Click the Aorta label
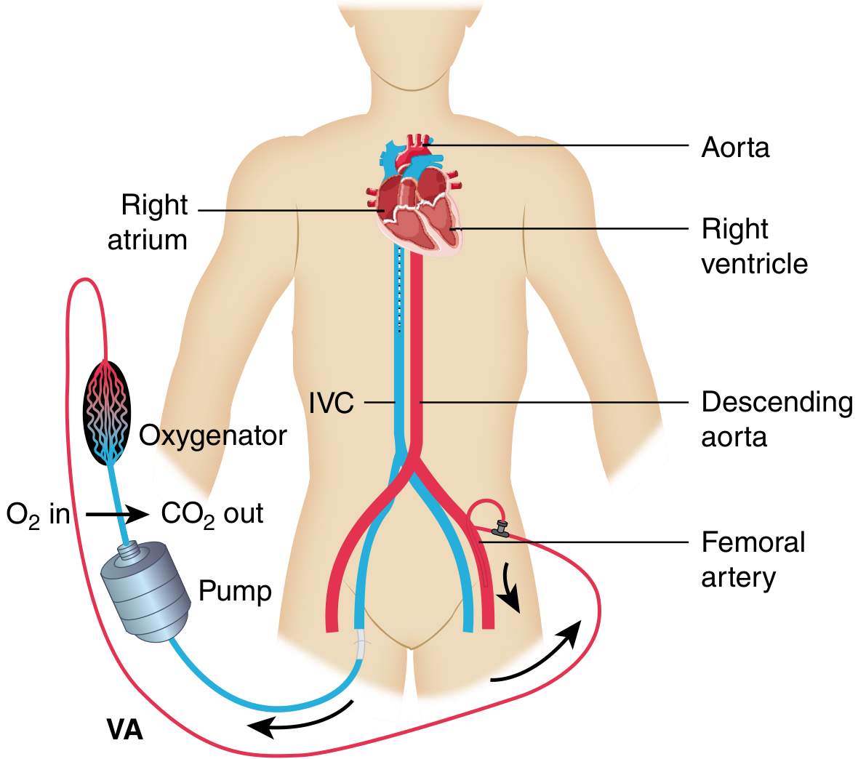734,148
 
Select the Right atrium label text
149,222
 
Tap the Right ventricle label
754,246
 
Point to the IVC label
331,403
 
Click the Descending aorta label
776,419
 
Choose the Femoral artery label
753,559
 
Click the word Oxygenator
212,435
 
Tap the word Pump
235,591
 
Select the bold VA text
125,729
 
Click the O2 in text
38,515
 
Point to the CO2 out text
212,515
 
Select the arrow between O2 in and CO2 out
116,515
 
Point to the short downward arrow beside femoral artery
510,587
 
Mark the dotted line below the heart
398,291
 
